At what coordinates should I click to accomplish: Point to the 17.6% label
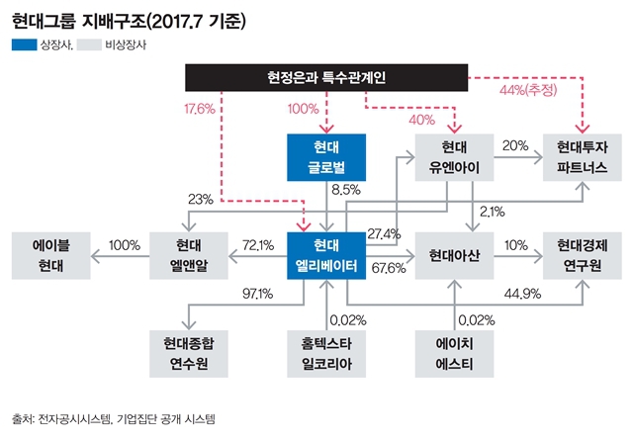(x=200, y=110)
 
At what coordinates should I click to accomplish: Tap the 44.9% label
(x=520, y=293)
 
